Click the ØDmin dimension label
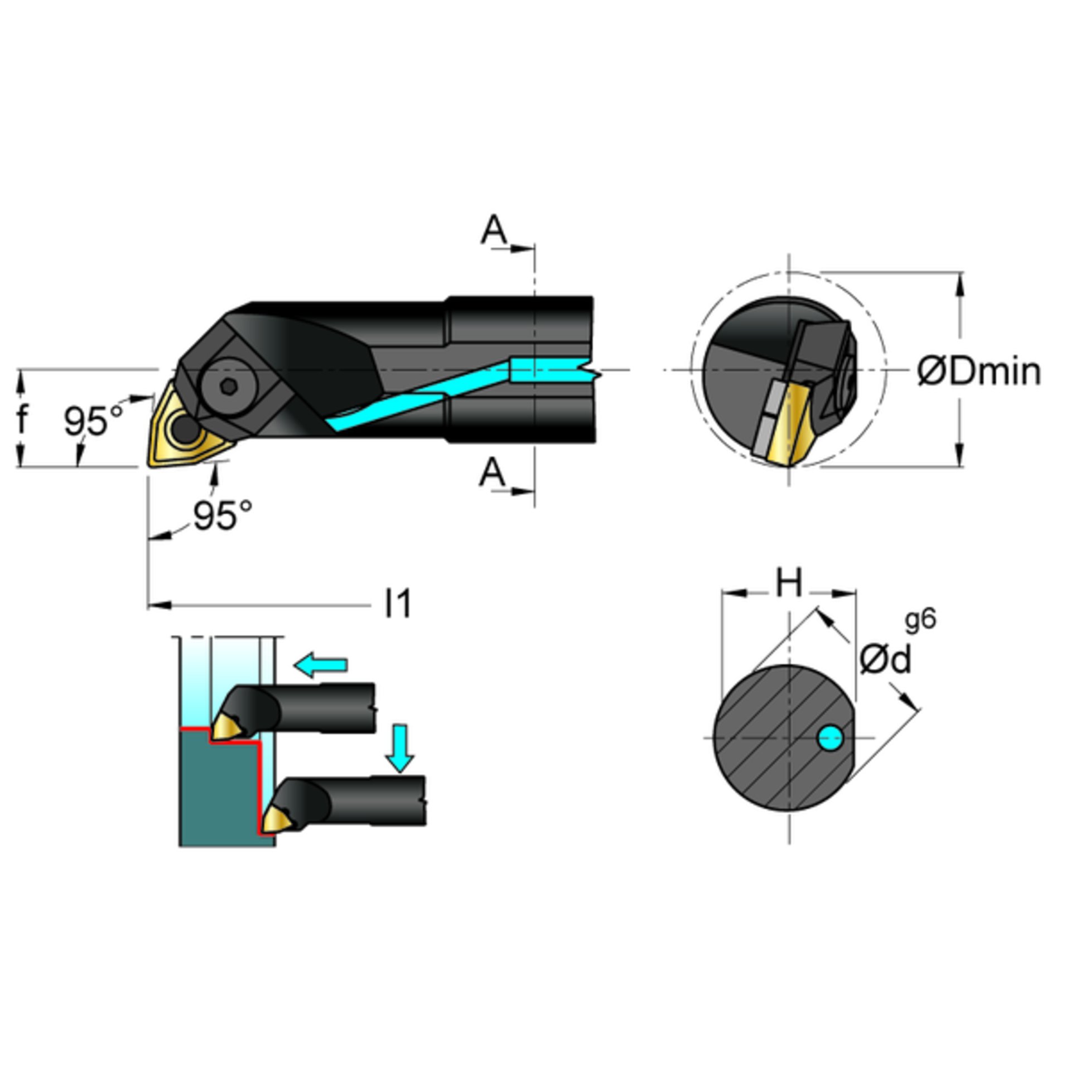(x=979, y=372)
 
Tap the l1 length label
(x=398, y=604)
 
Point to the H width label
(x=789, y=582)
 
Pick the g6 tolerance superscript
(x=920, y=620)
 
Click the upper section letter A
(x=494, y=230)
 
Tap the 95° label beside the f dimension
(x=93, y=421)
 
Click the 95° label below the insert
(x=223, y=515)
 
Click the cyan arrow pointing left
(x=321, y=665)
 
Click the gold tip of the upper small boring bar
(x=226, y=726)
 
